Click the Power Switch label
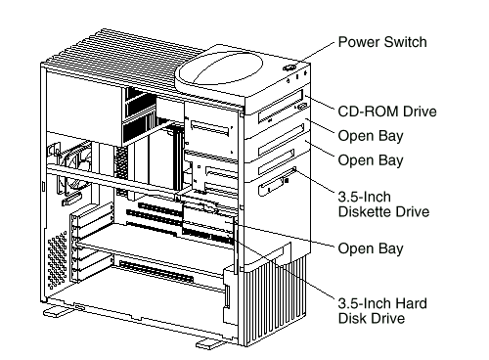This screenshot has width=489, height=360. tap(382, 42)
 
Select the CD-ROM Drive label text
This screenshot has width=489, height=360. tap(387, 112)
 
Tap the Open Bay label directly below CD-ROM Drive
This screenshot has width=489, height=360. tap(371, 136)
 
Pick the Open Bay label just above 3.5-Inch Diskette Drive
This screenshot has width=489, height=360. tap(371, 160)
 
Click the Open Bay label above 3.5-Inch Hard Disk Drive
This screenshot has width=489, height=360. tap(371, 248)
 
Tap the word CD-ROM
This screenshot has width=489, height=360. tap(369, 112)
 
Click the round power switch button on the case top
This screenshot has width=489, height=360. tap(289, 67)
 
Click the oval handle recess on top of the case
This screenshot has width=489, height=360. tap(219, 69)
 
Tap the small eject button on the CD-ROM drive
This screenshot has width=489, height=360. tap(302, 106)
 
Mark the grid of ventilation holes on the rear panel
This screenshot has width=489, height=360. tap(58, 260)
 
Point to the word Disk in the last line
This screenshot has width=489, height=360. tap(352, 318)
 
